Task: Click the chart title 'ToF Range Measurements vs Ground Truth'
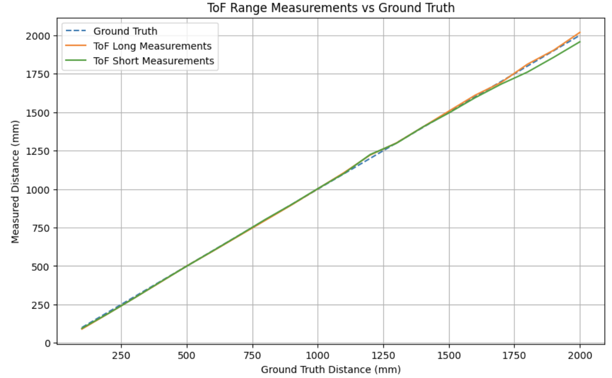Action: tap(331, 8)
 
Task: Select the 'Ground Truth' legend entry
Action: tap(125, 31)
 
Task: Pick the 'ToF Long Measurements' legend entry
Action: tap(152, 46)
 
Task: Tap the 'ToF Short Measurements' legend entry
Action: tap(154, 60)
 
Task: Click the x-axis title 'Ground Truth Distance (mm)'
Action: tap(331, 369)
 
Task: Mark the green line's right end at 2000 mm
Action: tap(580, 42)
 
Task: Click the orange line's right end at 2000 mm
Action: tap(580, 32)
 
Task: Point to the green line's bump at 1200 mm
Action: tap(370, 155)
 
